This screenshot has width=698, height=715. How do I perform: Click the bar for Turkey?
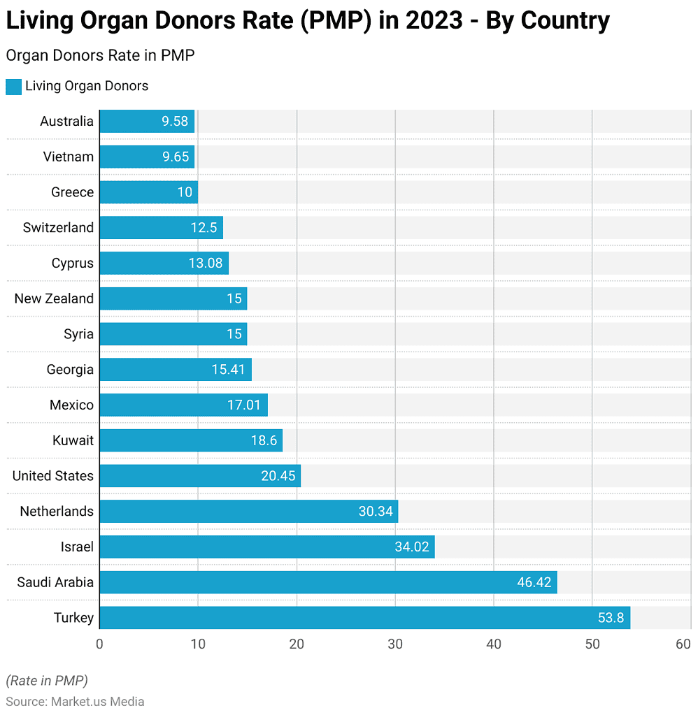pyautogui.click(x=364, y=618)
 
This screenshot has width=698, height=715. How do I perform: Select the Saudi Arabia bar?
pyautogui.click(x=327, y=582)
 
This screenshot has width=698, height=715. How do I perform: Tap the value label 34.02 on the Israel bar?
pyautogui.click(x=411, y=547)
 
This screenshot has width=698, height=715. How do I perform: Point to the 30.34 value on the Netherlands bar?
pyautogui.click(x=376, y=512)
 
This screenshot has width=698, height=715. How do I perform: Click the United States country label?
pyautogui.click(x=52, y=476)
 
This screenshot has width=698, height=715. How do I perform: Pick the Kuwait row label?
pyautogui.click(x=73, y=440)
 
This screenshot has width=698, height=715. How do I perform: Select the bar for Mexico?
pyautogui.click(x=183, y=405)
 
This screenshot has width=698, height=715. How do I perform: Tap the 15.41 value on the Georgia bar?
pyautogui.click(x=229, y=370)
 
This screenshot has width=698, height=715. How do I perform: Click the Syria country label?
pyautogui.click(x=78, y=334)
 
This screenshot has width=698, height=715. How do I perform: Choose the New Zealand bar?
pyautogui.click(x=173, y=298)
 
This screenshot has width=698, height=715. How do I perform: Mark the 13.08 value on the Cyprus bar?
pyautogui.click(x=206, y=263)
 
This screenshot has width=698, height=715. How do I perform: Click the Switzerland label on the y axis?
pyautogui.click(x=58, y=228)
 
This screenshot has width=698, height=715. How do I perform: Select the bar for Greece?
pyautogui.click(x=148, y=192)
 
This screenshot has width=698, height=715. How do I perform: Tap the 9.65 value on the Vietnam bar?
pyautogui.click(x=176, y=157)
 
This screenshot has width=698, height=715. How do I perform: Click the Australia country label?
pyautogui.click(x=66, y=122)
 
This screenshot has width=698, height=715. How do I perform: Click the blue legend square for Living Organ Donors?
pyautogui.click(x=13, y=87)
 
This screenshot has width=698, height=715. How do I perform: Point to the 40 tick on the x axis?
pyautogui.click(x=494, y=644)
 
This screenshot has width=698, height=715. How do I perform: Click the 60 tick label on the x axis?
pyautogui.click(x=683, y=644)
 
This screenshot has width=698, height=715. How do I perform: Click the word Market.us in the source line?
pyautogui.click(x=76, y=701)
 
